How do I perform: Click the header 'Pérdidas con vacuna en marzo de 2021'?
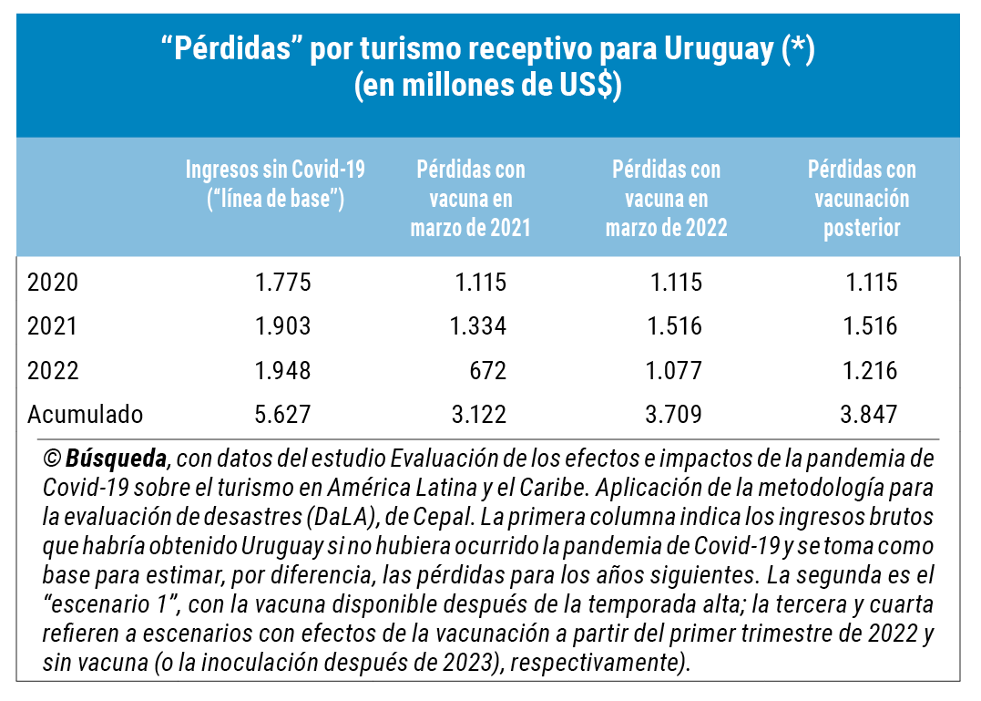coord(470,198)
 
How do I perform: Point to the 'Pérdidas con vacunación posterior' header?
coord(862,198)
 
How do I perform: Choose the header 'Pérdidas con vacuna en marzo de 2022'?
coord(666,198)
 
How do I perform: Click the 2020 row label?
coord(53,283)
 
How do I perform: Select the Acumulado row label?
coord(85,415)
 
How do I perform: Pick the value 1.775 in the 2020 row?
coord(283,283)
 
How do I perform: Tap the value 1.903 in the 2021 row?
coord(283,326)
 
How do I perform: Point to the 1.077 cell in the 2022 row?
coord(675,371)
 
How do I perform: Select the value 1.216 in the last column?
coord(871,371)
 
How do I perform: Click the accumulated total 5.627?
coord(283,415)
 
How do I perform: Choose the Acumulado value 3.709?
coord(675,415)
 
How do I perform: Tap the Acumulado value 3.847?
coord(871,415)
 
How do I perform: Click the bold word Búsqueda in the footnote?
coord(116,457)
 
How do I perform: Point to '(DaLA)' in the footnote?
coord(344,517)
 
